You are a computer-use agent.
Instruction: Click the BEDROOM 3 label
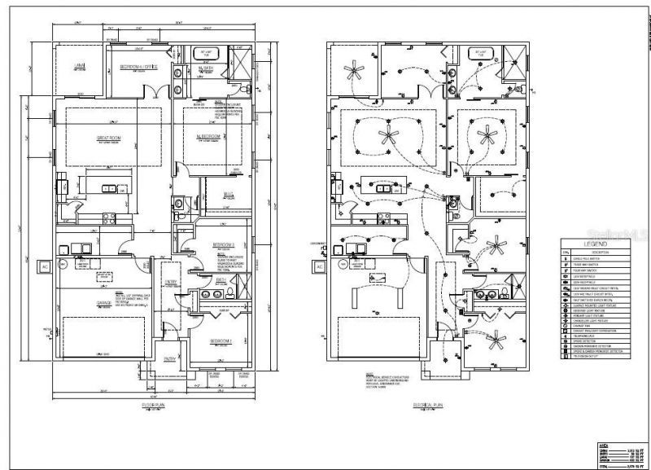[x=223, y=244]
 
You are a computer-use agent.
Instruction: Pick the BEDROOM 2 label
[x=221, y=340]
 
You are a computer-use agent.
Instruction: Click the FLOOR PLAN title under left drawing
[x=154, y=404]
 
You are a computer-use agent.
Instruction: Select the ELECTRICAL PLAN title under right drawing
[x=427, y=404]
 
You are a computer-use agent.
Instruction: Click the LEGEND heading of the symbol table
[x=600, y=244]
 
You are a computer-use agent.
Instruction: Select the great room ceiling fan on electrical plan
[x=386, y=134]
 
